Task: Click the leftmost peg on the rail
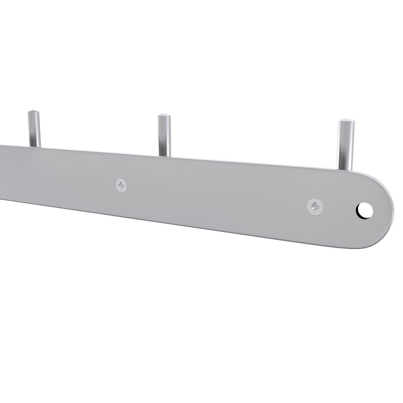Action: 34,129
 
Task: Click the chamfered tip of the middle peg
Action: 164,116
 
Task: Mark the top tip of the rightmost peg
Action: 346,119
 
